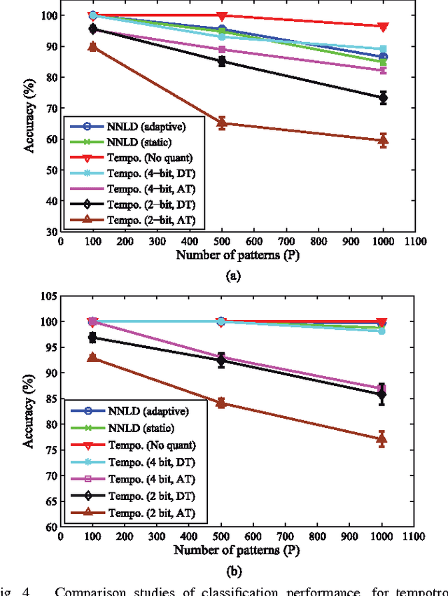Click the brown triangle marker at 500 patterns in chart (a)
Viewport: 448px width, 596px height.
222,123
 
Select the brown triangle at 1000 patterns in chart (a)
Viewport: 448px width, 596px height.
383,140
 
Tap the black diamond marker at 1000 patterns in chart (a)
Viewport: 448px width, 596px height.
383,97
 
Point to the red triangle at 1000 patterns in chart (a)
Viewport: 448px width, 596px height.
383,27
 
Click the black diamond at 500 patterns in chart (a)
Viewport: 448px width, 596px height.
222,60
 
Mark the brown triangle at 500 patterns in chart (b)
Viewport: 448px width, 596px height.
222,403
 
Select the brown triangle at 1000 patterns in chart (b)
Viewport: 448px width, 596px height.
383,439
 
